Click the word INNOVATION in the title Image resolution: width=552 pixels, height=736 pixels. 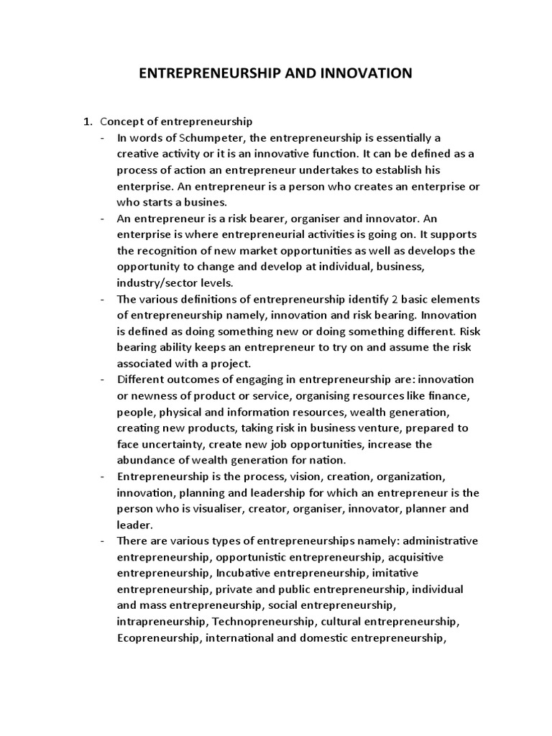tap(360, 73)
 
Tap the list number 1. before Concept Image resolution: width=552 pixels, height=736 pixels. tap(90, 121)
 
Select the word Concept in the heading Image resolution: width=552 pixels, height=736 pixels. tap(123, 121)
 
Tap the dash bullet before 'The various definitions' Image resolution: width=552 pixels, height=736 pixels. tap(105, 298)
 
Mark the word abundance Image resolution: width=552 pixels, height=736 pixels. tap(150, 460)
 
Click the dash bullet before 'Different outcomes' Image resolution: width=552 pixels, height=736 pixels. tap(105, 379)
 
